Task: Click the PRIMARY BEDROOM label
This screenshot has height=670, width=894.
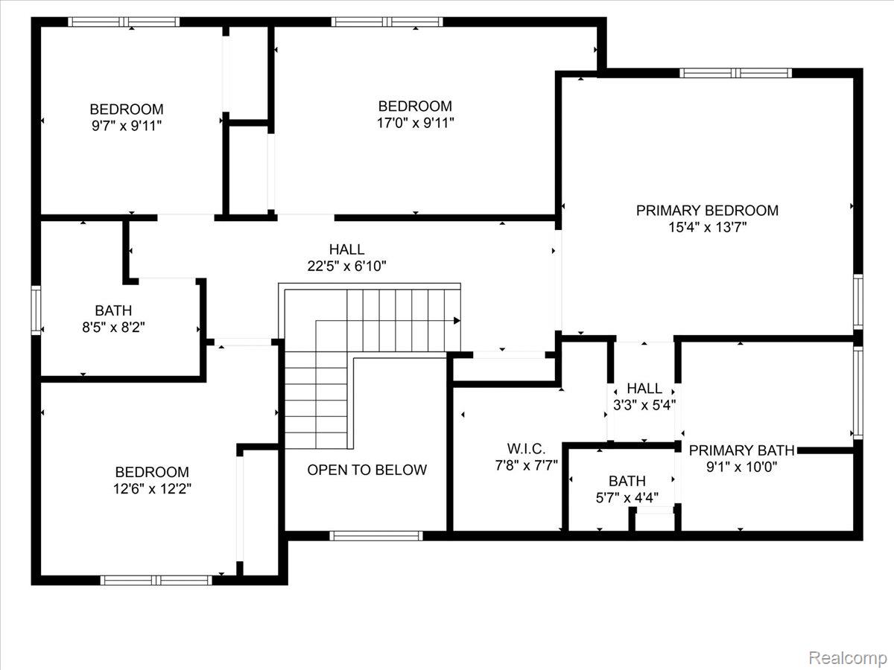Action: [707, 211]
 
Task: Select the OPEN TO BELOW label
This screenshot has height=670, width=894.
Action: [367, 470]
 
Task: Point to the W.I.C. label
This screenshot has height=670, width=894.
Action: [527, 449]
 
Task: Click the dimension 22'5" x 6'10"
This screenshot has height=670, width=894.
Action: [347, 266]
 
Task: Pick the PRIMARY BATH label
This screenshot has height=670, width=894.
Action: [741, 450]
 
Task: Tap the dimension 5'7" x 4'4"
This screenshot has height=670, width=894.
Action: [627, 497]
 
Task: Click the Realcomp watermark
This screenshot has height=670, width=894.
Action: [847, 657]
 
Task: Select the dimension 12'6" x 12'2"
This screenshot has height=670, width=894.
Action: [152, 489]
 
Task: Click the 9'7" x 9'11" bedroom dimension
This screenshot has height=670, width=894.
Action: [127, 126]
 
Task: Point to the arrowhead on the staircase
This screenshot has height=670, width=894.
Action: [456, 321]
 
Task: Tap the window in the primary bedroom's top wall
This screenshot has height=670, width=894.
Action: [735, 73]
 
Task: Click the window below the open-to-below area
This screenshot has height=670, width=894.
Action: [376, 535]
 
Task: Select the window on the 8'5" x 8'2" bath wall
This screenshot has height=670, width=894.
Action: [35, 310]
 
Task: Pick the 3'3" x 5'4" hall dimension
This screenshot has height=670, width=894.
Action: [644, 405]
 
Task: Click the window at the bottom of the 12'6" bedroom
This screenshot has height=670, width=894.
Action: [156, 580]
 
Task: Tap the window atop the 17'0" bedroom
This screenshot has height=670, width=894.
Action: [387, 22]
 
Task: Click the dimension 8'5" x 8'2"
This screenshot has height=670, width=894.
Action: [113, 327]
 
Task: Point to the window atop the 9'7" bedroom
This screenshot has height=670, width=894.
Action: [124, 22]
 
